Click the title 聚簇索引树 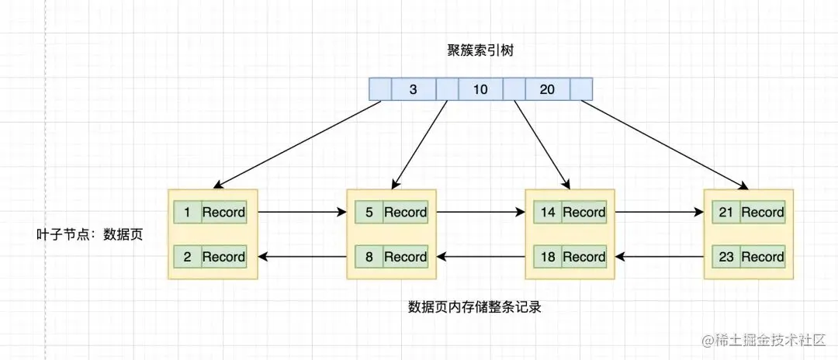480,50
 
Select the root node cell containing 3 413,90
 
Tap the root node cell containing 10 480,90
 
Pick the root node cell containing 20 547,90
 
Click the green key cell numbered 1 187,212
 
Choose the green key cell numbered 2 187,257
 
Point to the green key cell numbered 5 369,212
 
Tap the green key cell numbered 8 369,257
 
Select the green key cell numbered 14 548,212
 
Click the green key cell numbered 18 548,257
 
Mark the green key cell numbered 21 726,212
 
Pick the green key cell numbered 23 726,257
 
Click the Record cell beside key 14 584,212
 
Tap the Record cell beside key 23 763,257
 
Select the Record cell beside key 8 406,257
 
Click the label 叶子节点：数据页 90,234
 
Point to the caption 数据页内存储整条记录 474,306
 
